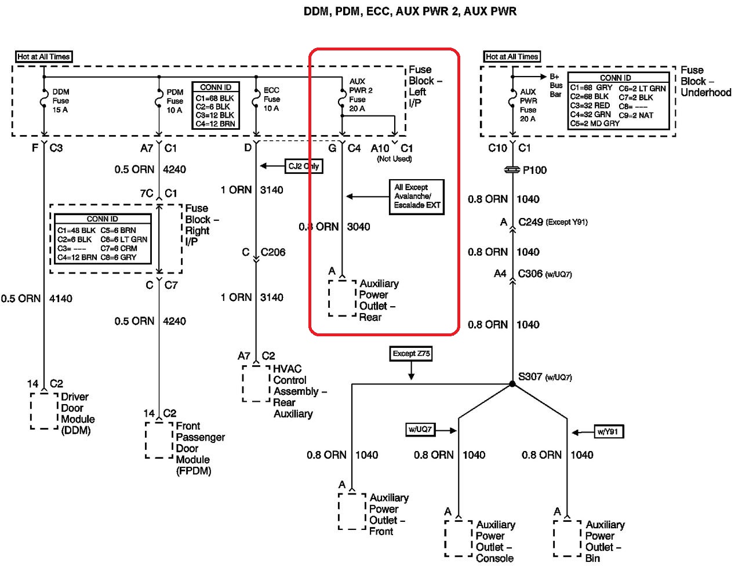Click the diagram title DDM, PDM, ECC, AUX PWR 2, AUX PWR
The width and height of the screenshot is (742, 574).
[410, 11]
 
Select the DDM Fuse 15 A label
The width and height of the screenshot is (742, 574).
[61, 101]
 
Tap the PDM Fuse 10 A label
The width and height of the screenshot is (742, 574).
[175, 101]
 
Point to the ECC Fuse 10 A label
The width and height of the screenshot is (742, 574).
[272, 99]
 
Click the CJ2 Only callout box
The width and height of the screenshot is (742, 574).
[304, 166]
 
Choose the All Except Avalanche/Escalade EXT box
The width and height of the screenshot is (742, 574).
[417, 197]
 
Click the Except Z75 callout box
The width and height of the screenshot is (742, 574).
[411, 354]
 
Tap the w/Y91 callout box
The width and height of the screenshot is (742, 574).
[609, 431]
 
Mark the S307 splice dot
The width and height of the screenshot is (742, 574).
[512, 384]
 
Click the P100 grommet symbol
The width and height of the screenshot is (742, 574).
[512, 170]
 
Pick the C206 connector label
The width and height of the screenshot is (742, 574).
[273, 252]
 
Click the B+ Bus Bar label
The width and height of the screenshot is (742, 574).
[556, 85]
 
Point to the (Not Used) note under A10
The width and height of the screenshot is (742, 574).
[394, 159]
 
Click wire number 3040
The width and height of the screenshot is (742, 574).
[358, 227]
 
